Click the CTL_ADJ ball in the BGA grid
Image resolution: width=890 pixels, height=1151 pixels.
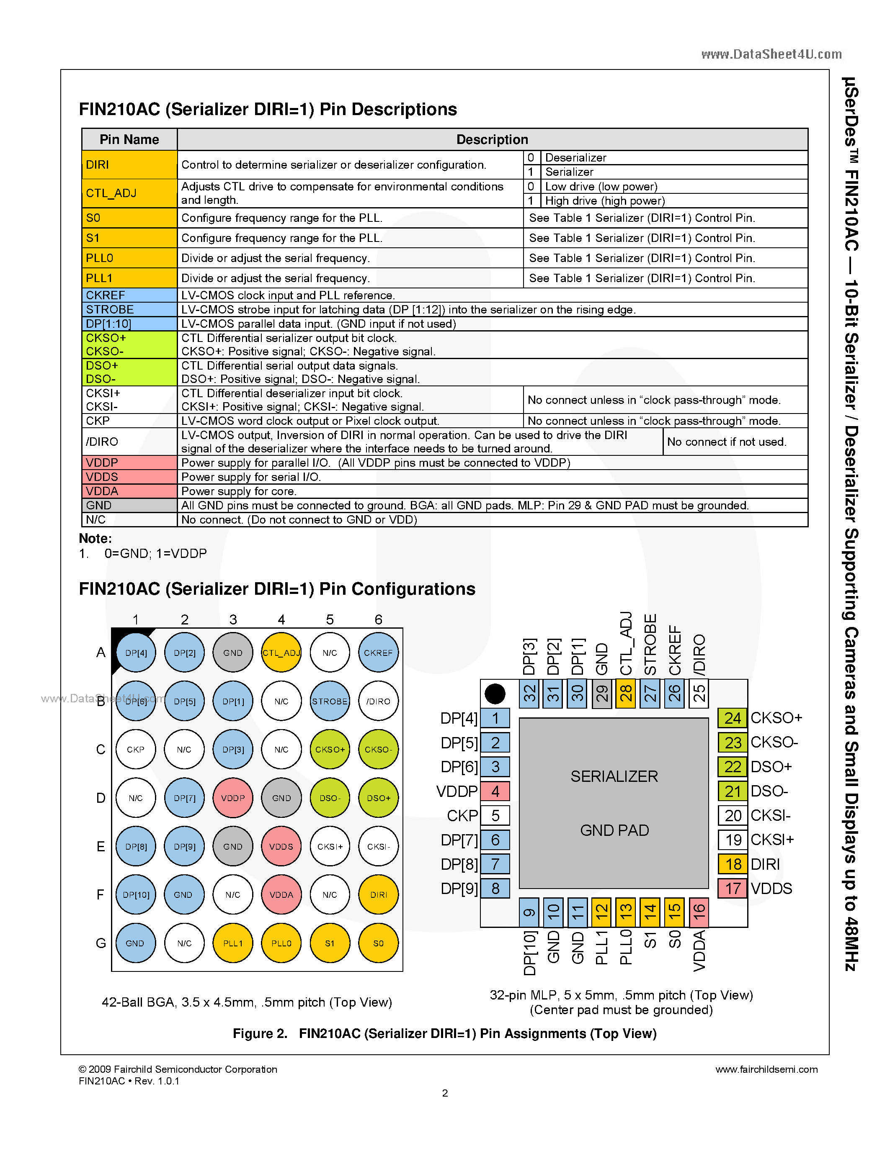click(x=281, y=653)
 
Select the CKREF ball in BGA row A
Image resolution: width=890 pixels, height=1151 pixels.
click(x=378, y=653)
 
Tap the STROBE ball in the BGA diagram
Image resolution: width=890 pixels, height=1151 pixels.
click(x=330, y=701)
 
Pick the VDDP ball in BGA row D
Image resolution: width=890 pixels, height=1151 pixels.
click(x=232, y=798)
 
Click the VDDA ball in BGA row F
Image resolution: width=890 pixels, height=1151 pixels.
click(x=281, y=894)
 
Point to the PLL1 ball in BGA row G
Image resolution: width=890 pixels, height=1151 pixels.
click(x=232, y=943)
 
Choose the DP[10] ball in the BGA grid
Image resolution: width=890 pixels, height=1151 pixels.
click(x=136, y=894)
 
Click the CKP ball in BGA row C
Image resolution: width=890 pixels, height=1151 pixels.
click(x=136, y=750)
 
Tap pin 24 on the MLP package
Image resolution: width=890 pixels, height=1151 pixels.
click(x=733, y=718)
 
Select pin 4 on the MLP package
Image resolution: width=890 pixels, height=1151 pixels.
click(x=495, y=791)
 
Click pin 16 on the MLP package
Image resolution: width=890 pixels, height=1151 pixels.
click(x=699, y=912)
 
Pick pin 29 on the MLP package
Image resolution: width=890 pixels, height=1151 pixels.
click(x=601, y=694)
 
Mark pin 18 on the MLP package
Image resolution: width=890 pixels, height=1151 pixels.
click(x=733, y=864)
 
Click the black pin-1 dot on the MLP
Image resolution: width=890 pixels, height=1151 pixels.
click(x=495, y=694)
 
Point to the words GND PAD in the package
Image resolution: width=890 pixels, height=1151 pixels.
click(x=614, y=830)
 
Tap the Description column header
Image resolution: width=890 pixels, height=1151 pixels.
click(x=492, y=140)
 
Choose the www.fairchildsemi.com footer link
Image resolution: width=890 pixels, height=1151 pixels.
click(x=766, y=1069)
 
